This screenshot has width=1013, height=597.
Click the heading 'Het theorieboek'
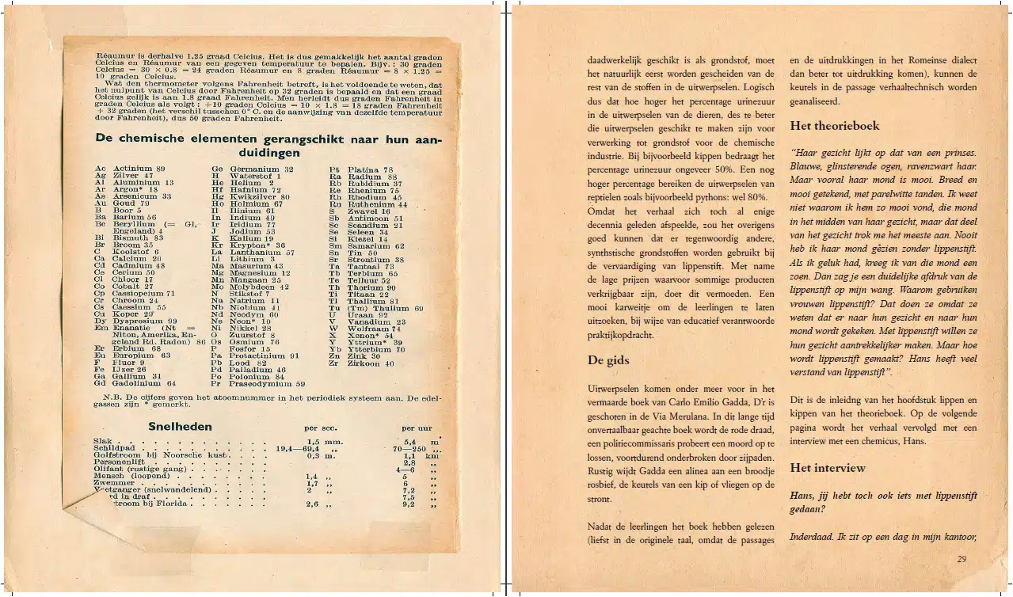(x=834, y=126)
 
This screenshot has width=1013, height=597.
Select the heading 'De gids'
(x=608, y=360)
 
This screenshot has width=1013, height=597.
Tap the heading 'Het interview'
(x=828, y=468)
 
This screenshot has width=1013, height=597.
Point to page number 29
(x=962, y=559)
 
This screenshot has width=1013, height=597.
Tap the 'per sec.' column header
(x=321, y=428)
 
